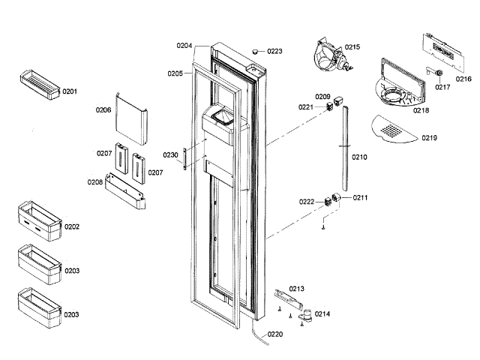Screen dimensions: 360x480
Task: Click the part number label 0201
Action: (70, 91)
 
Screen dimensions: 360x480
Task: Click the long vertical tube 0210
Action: (345, 150)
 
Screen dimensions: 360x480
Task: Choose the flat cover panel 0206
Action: (130, 118)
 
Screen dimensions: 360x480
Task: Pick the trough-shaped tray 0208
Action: (126, 190)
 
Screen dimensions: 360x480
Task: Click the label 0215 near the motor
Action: (352, 46)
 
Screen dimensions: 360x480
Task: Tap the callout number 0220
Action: (275, 334)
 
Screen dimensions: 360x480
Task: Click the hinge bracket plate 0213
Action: (292, 297)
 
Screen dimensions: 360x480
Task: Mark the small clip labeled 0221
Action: (328, 107)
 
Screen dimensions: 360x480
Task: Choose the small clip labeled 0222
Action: (328, 202)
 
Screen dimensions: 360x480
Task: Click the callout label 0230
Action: (170, 155)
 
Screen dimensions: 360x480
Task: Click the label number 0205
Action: (175, 73)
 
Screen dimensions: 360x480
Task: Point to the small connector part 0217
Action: (436, 75)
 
